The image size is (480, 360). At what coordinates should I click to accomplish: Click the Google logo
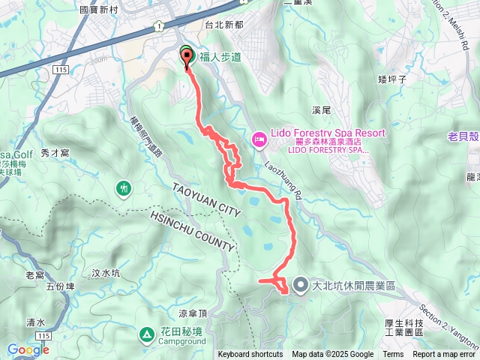point(28,349)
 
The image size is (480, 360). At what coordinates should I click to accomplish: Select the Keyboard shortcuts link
point(250,355)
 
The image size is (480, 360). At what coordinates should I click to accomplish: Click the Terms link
point(393,355)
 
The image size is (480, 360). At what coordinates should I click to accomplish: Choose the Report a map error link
point(445,355)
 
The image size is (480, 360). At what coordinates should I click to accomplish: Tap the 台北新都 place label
point(224,24)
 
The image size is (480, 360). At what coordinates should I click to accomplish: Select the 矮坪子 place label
point(393,78)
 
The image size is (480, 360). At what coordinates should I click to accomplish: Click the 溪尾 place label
point(321,110)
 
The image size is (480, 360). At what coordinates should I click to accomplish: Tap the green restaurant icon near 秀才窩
point(124,186)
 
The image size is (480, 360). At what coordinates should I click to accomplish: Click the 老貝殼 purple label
point(463,136)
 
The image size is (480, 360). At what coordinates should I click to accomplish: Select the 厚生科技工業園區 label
point(404,328)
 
